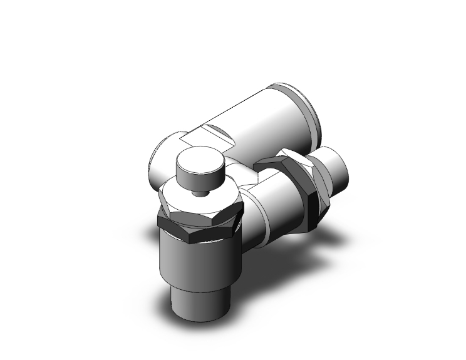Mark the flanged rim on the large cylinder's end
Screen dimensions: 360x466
310,113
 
